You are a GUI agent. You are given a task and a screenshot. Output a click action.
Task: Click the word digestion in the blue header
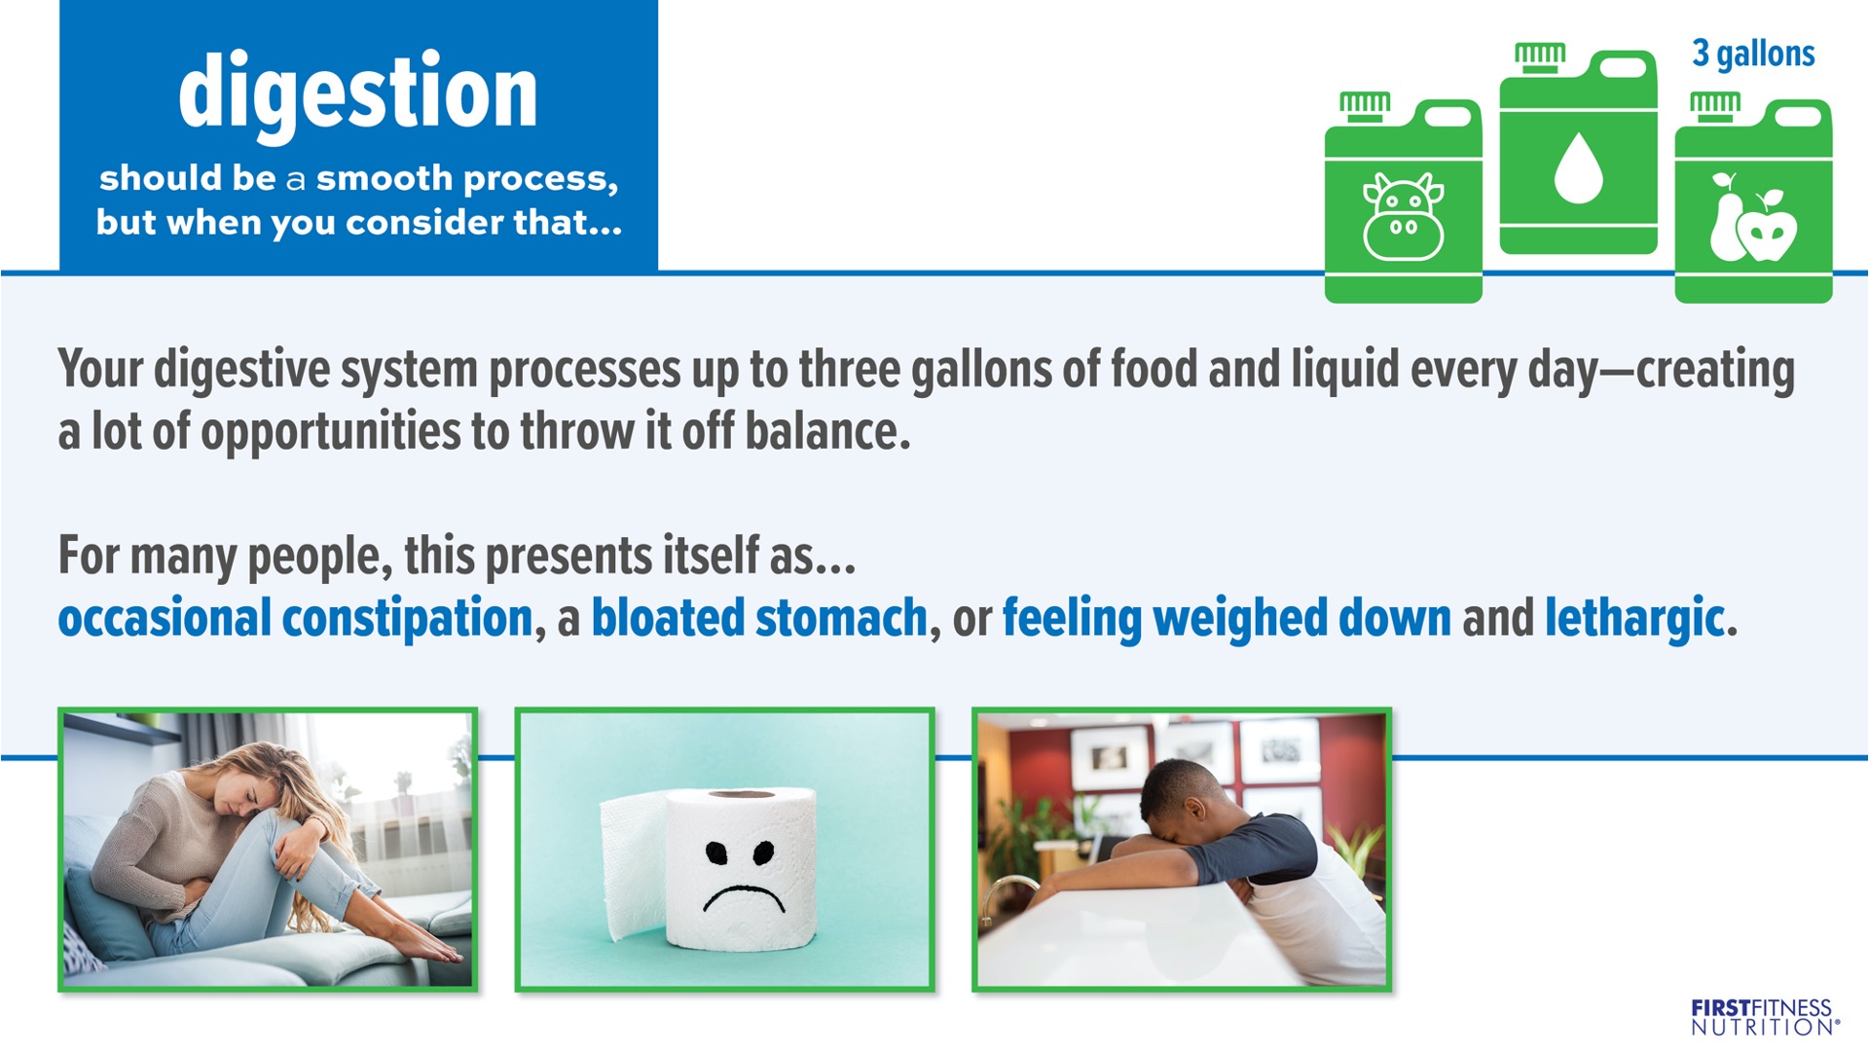point(358,95)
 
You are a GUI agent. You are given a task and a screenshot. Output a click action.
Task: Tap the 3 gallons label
point(1753,54)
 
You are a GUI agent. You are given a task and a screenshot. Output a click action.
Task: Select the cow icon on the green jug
point(1403,217)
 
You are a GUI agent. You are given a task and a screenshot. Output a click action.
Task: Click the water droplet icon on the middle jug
point(1578,167)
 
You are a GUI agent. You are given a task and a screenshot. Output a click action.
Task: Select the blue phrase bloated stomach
point(759,619)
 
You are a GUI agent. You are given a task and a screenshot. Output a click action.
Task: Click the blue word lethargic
point(1634,620)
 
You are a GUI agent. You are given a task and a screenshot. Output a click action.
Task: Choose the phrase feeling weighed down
point(1227,620)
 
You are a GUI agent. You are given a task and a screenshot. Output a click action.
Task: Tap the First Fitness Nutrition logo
point(1765,1017)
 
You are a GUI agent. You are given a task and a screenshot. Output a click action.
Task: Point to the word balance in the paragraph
point(827,432)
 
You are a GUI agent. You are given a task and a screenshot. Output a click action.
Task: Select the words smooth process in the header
point(467,180)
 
